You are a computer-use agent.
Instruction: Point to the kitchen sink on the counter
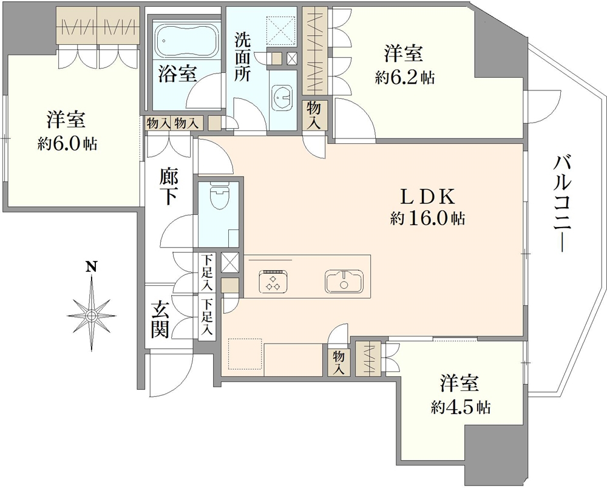[x=344, y=280]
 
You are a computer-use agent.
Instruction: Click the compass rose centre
[x=92, y=316]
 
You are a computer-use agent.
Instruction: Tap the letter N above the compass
[x=92, y=266]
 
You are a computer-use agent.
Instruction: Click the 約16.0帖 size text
[x=427, y=219]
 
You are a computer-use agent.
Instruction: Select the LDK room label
[x=427, y=197]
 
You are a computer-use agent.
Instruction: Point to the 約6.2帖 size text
[x=404, y=78]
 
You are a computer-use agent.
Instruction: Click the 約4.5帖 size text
[x=461, y=407]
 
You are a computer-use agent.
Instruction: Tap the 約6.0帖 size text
[x=67, y=144]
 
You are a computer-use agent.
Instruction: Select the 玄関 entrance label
[x=160, y=319]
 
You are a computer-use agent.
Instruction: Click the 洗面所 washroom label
[x=243, y=57]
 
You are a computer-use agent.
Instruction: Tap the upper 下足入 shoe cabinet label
[x=208, y=273]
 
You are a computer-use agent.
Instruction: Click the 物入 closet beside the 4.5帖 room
[x=339, y=362]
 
